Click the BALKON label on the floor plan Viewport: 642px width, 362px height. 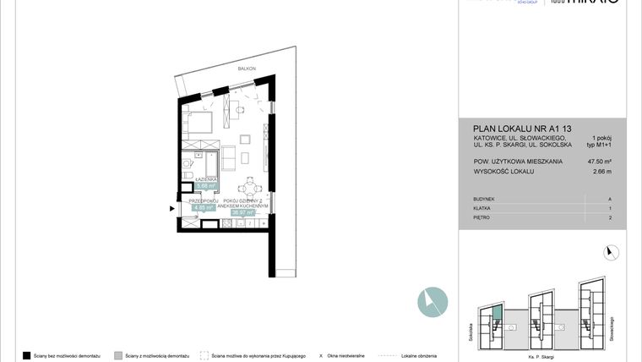[x=246, y=69]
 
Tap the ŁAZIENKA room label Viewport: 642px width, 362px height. [x=207, y=180]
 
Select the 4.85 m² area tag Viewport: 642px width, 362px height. [x=205, y=206]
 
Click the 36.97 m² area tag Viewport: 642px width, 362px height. [x=243, y=213]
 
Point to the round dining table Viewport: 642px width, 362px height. [x=247, y=189]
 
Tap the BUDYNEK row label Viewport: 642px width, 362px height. [x=485, y=199]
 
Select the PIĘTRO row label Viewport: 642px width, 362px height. [x=482, y=217]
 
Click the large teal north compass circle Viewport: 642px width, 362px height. [x=433, y=303]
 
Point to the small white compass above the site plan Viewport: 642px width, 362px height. [x=612, y=251]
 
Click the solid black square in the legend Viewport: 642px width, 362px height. [x=27, y=355]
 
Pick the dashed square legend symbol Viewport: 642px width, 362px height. [x=204, y=355]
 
